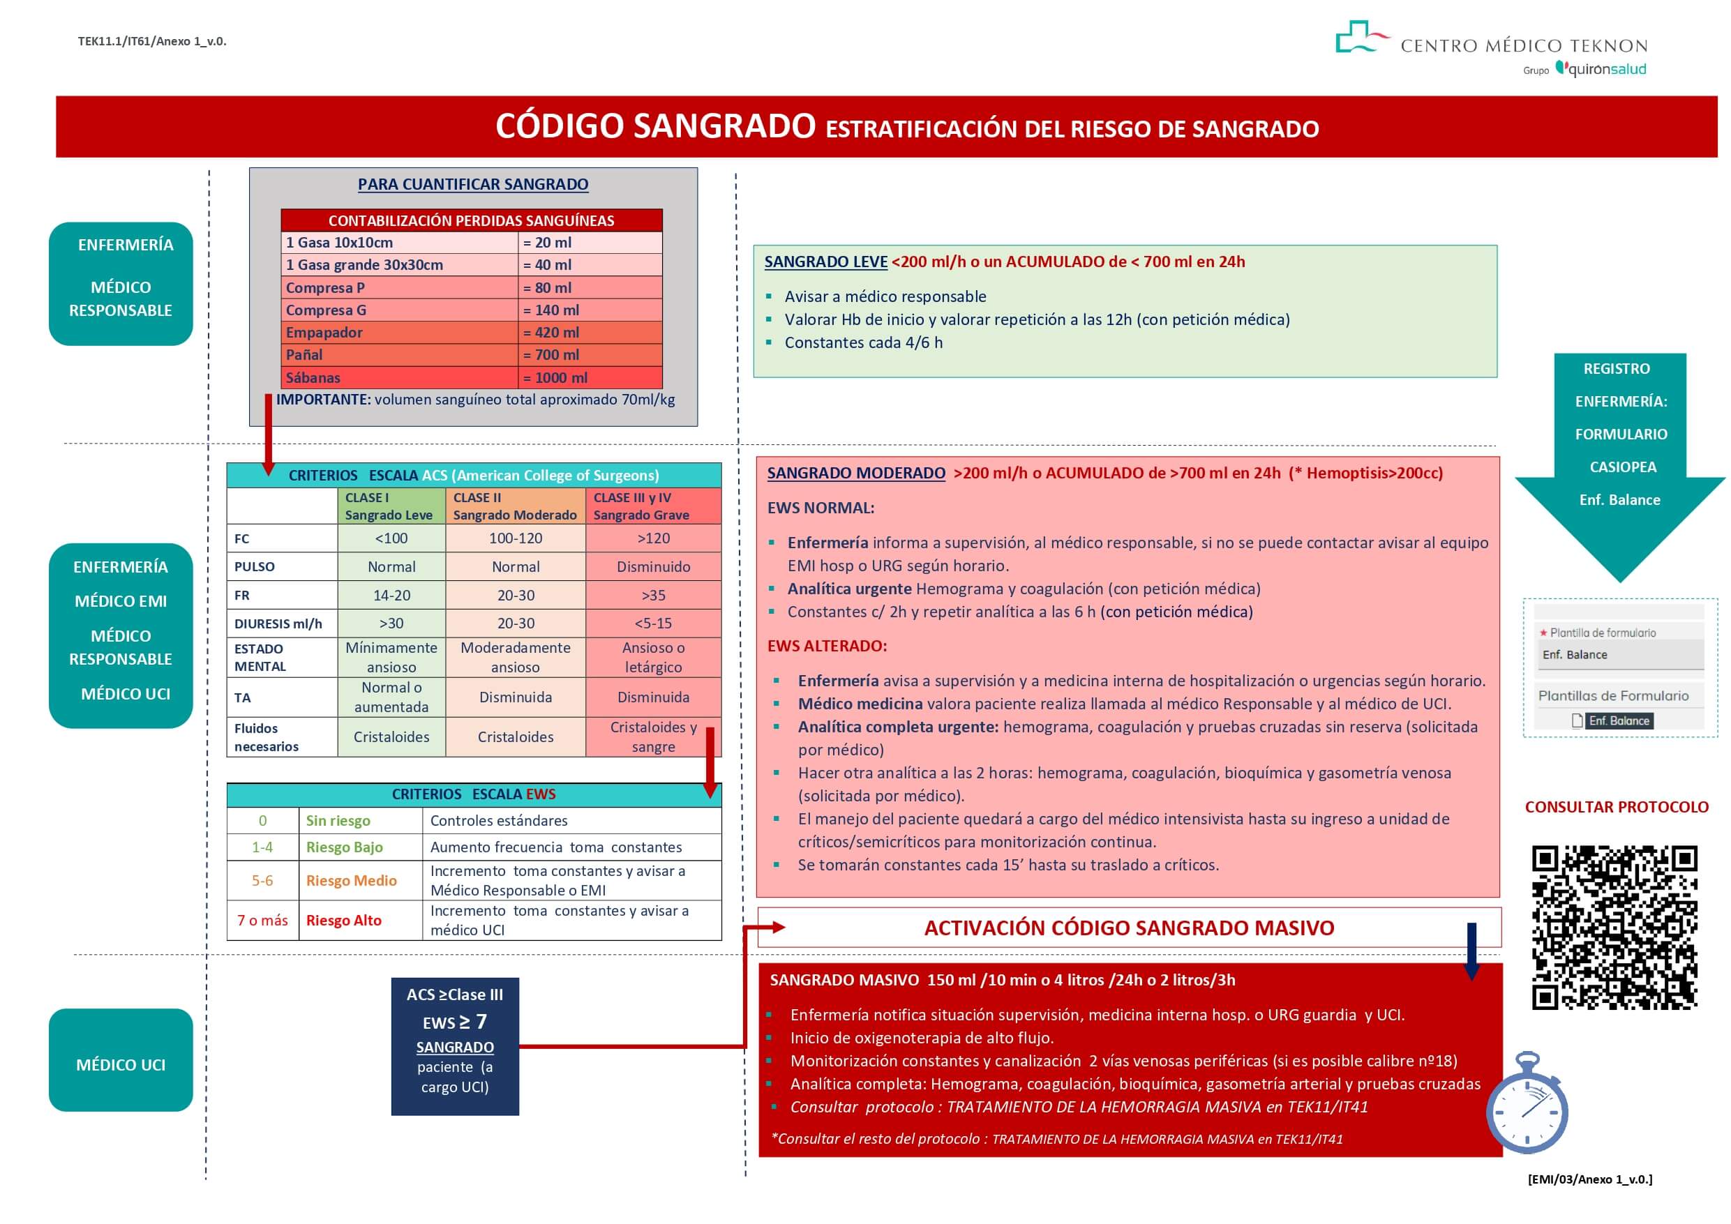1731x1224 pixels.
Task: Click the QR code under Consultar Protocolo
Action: pos(1614,927)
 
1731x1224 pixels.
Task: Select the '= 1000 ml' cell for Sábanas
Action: pos(590,377)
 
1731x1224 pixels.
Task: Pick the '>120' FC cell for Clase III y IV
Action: pos(653,538)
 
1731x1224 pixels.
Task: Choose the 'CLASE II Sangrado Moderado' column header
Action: pos(515,506)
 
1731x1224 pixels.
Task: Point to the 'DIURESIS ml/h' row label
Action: pos(278,624)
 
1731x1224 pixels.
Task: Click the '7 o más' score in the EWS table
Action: pos(262,920)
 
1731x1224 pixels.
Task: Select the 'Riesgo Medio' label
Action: pos(352,880)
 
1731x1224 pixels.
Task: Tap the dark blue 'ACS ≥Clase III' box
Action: pos(455,1045)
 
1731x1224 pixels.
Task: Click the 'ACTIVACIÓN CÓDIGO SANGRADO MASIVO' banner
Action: pos(1129,928)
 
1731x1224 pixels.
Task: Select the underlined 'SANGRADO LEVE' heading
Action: pos(825,262)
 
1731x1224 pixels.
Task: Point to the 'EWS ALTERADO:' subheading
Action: pos(827,646)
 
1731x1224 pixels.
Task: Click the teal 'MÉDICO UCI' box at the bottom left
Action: pos(121,1064)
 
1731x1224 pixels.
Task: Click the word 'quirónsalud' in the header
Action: pos(1607,69)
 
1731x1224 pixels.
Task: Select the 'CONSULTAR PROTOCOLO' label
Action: pos(1617,807)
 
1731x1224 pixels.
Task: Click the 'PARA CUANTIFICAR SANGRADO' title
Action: pos(473,184)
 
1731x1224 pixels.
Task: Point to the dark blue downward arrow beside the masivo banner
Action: pos(1471,950)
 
